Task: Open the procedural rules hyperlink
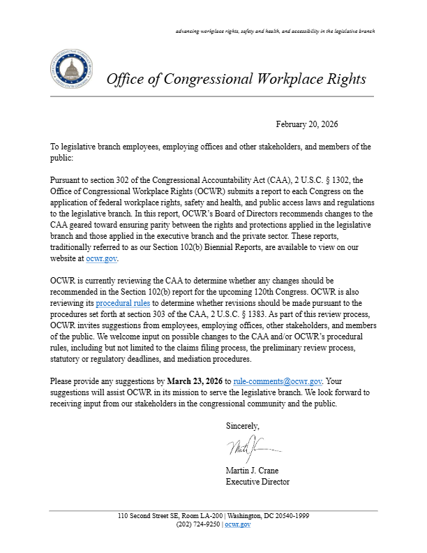(123, 304)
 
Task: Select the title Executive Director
(257, 482)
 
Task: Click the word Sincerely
(243, 425)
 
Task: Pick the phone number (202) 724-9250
(197, 524)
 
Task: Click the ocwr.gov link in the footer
(237, 524)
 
